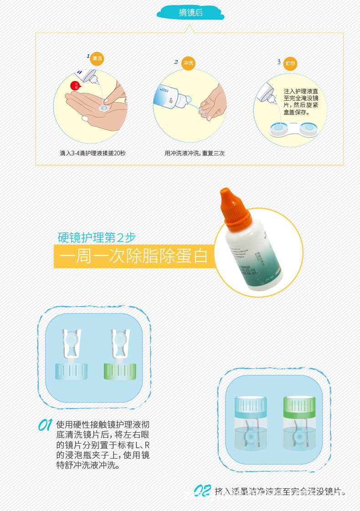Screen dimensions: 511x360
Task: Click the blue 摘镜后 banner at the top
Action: [190, 13]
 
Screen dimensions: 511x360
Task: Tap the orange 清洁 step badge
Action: [97, 58]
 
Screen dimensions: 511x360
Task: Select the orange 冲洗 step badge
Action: [188, 63]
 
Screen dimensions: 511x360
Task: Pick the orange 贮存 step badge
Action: [290, 63]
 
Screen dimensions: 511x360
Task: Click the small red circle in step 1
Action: [75, 86]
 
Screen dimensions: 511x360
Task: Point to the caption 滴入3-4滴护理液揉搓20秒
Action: [93, 153]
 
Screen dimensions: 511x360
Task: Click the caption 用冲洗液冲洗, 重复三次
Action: [195, 153]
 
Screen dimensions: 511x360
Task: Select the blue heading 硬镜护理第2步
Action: [97, 237]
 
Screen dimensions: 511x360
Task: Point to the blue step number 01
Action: [45, 426]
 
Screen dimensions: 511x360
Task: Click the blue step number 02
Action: [201, 491]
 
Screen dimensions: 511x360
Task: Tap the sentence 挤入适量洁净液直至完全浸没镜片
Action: [280, 491]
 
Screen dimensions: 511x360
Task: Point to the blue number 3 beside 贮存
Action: [279, 62]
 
